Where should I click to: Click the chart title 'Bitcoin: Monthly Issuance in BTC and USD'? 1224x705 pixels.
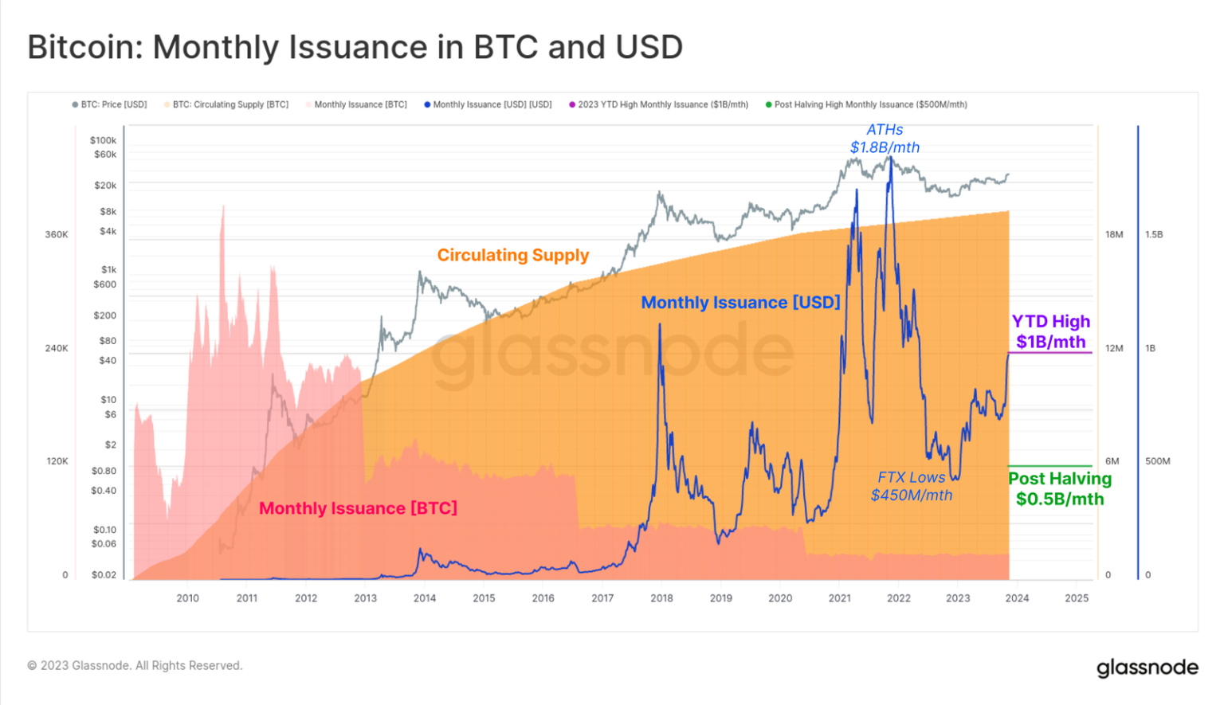[x=355, y=47]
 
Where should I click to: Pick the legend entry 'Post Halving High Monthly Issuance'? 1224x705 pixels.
[x=866, y=104]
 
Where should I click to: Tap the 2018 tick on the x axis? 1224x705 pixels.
[x=661, y=598]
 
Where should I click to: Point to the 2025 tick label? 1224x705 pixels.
[x=1077, y=598]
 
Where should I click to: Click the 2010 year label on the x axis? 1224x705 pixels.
[x=188, y=598]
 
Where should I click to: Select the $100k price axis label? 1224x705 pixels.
[x=103, y=140]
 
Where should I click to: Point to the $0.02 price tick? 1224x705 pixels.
[x=104, y=574]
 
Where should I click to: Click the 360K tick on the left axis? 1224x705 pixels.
[x=57, y=235]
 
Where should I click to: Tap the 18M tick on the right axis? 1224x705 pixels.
[x=1114, y=235]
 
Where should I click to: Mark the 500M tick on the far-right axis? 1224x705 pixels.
[x=1157, y=461]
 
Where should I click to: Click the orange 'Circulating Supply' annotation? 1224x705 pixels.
[x=512, y=255]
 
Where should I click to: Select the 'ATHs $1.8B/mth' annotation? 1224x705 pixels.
[x=885, y=139]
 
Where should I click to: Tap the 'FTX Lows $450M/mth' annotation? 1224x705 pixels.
[x=911, y=486]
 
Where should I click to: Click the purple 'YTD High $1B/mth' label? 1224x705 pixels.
[x=1050, y=331]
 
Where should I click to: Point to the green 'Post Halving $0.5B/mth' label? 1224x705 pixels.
[x=1060, y=488]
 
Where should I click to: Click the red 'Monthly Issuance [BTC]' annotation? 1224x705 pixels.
[x=358, y=508]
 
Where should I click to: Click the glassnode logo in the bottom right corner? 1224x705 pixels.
[x=1147, y=668]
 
